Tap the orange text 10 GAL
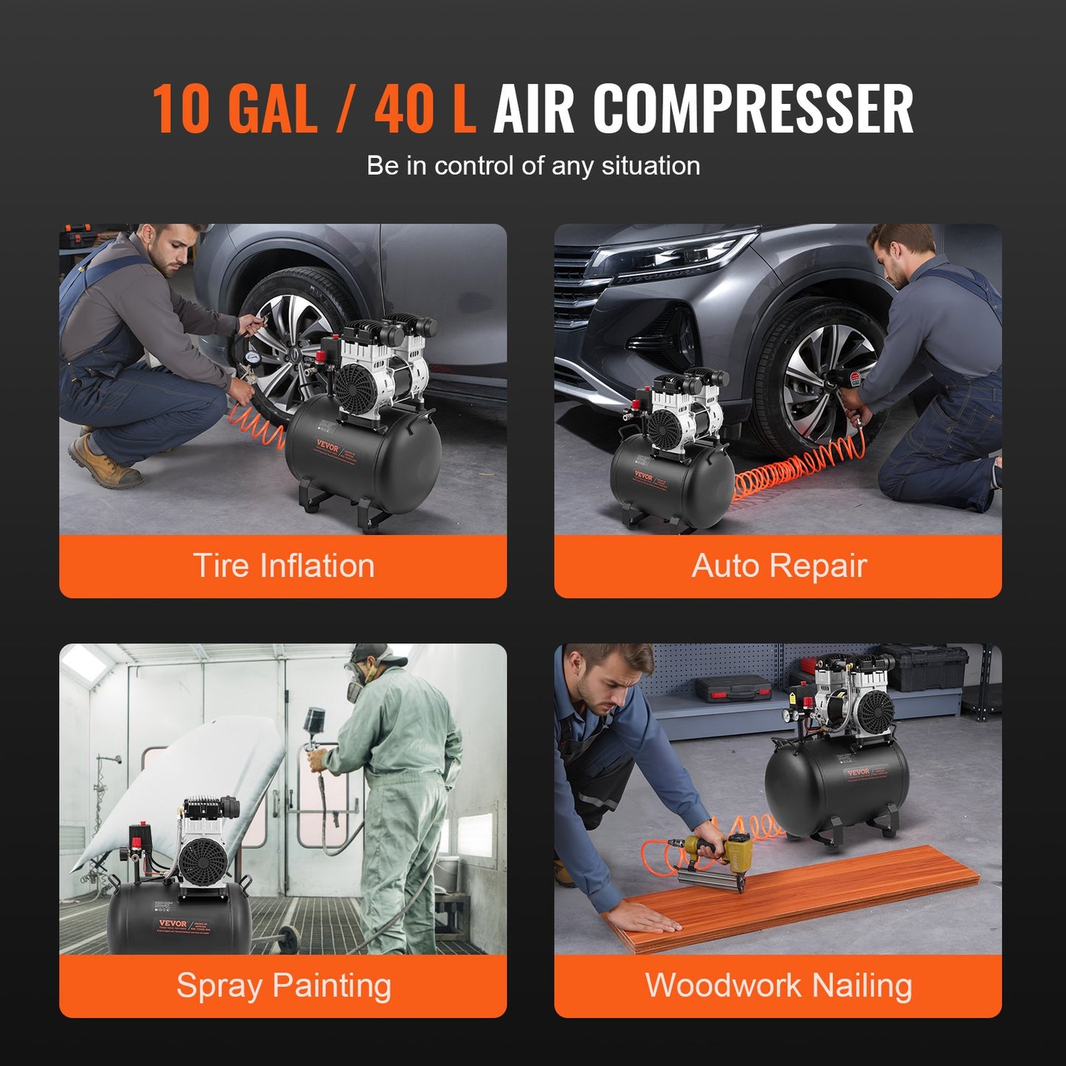click(235, 109)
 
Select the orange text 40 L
click(424, 109)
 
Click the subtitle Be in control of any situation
click(533, 166)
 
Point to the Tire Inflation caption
click(283, 566)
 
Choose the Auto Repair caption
click(778, 566)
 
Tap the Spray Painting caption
click(283, 986)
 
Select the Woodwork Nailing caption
click(778, 986)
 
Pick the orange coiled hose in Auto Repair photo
click(797, 465)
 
